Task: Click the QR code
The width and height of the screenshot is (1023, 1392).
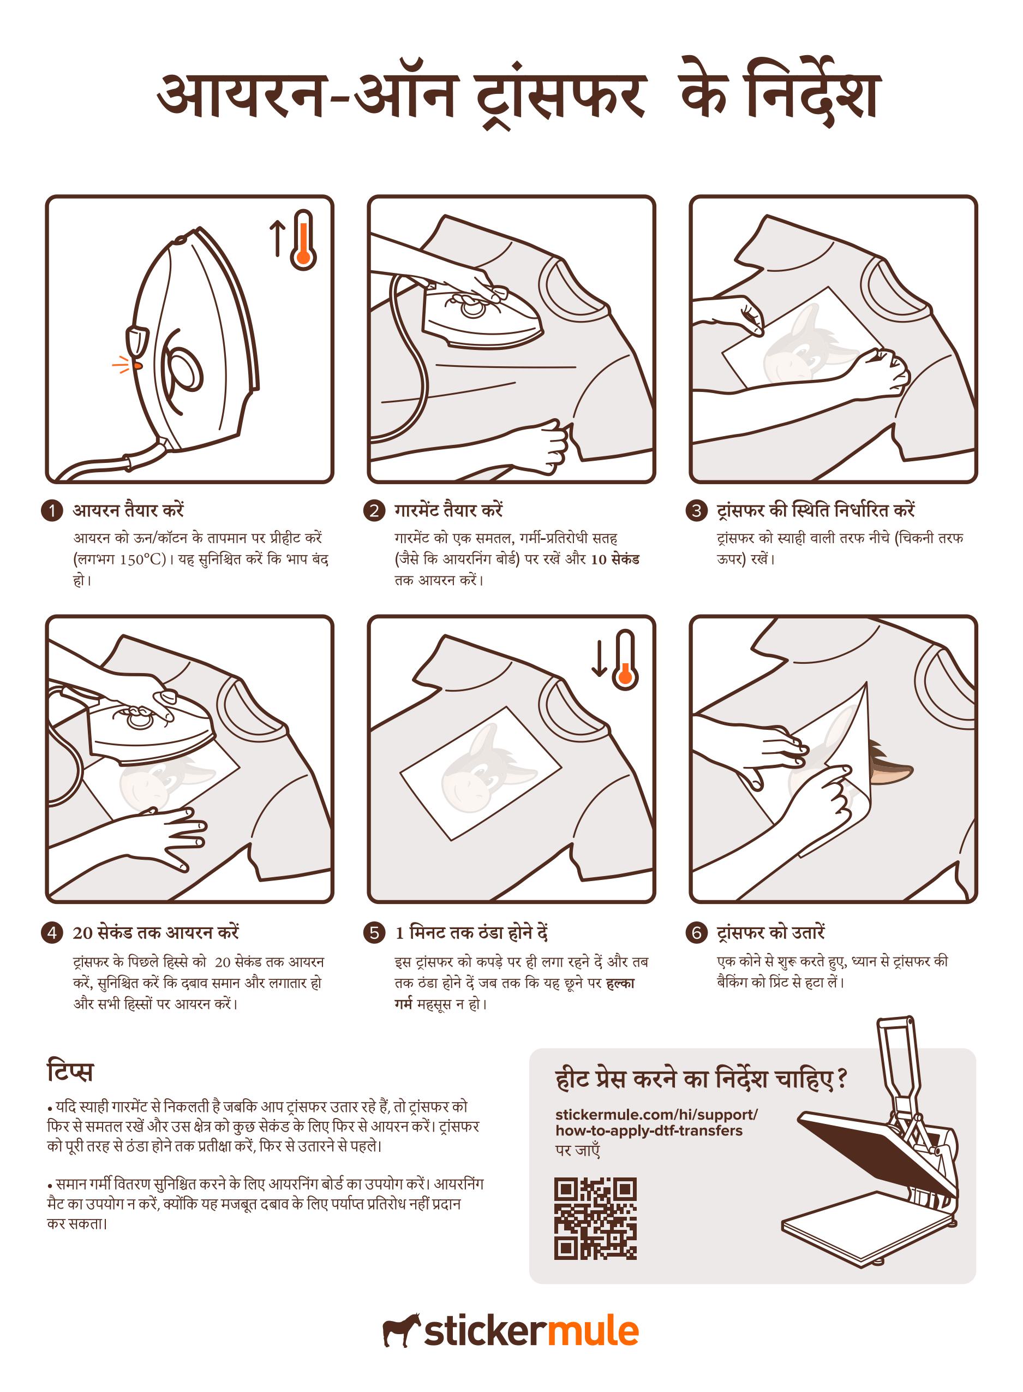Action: click(595, 1218)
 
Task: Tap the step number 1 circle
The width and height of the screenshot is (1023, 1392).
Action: click(52, 510)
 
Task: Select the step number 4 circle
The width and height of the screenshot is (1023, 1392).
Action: click(52, 933)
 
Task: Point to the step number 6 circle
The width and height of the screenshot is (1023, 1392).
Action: click(697, 933)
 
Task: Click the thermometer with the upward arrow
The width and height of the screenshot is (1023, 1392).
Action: click(303, 240)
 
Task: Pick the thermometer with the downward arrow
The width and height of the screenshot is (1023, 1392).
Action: click(625, 661)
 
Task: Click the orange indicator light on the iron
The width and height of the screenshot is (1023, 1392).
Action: click(137, 366)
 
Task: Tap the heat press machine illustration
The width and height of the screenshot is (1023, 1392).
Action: click(871, 1139)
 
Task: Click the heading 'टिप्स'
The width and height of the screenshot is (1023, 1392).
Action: click(70, 1071)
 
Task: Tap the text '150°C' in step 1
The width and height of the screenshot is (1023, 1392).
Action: click(142, 560)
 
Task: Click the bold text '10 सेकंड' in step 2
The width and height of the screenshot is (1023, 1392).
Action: click(615, 559)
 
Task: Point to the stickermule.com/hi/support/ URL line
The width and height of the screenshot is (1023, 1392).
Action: click(656, 1115)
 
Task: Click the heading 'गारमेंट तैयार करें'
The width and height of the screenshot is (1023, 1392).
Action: click(448, 510)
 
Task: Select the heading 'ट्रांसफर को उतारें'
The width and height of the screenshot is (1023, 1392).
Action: click(771, 932)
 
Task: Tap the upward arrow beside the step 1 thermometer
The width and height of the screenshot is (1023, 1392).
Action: click(277, 239)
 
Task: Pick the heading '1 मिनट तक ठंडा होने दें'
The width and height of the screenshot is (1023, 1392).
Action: click(471, 932)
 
